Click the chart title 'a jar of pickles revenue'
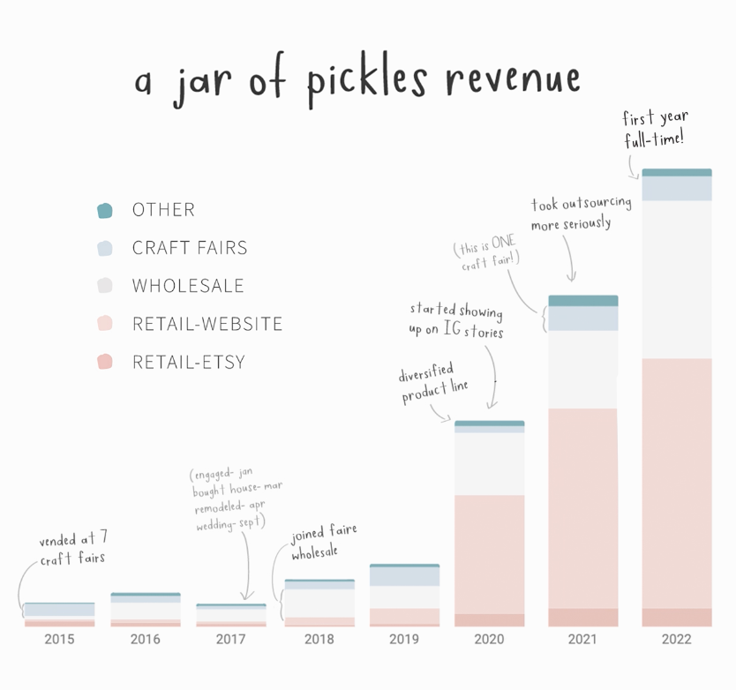tap(357, 81)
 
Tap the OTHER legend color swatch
tap(105, 210)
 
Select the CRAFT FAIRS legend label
tap(190, 248)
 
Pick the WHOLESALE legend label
tap(188, 286)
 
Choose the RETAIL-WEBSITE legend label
tap(207, 324)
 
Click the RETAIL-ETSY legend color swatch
tap(105, 362)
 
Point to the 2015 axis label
tap(59, 639)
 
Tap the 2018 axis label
tap(319, 639)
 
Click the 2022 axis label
tap(676, 639)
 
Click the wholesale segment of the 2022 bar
tap(676, 279)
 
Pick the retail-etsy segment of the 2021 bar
tap(582, 618)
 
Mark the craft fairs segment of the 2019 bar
tap(404, 576)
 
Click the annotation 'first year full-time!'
tap(655, 128)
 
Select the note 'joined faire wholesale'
tap(324, 543)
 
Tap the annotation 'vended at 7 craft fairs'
tap(73, 549)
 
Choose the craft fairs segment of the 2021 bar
tap(582, 319)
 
